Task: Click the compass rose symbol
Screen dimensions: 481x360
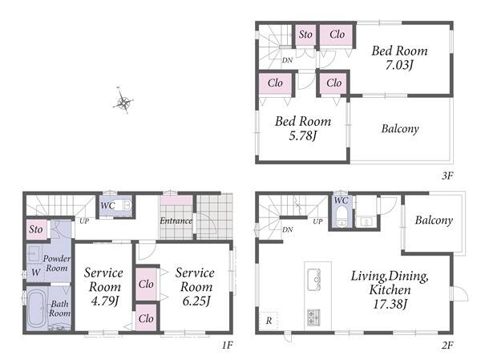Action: (123, 101)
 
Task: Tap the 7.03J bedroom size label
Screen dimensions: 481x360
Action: (399, 65)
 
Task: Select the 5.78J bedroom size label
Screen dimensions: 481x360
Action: (302, 136)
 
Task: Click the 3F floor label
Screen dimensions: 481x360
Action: (447, 176)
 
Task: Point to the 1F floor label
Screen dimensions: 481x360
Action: (228, 346)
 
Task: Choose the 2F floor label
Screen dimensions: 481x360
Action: (447, 346)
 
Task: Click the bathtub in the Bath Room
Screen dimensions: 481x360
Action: (37, 309)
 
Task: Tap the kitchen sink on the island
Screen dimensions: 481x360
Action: (313, 279)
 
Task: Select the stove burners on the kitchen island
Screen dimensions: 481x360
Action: (313, 318)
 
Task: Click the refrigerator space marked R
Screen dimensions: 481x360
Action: (269, 321)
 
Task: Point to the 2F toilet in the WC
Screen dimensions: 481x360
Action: (341, 216)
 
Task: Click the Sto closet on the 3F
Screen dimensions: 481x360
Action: (305, 34)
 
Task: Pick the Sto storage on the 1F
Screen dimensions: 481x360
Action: (36, 229)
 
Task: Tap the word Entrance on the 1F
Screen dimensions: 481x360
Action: (176, 220)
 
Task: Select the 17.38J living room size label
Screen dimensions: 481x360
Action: (390, 304)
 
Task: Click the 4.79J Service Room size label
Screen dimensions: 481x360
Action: (104, 301)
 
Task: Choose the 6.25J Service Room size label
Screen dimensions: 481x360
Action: (196, 301)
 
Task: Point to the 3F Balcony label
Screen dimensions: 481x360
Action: (400, 128)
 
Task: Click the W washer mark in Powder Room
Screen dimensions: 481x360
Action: (35, 273)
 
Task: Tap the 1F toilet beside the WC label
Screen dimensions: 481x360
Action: (126, 205)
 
